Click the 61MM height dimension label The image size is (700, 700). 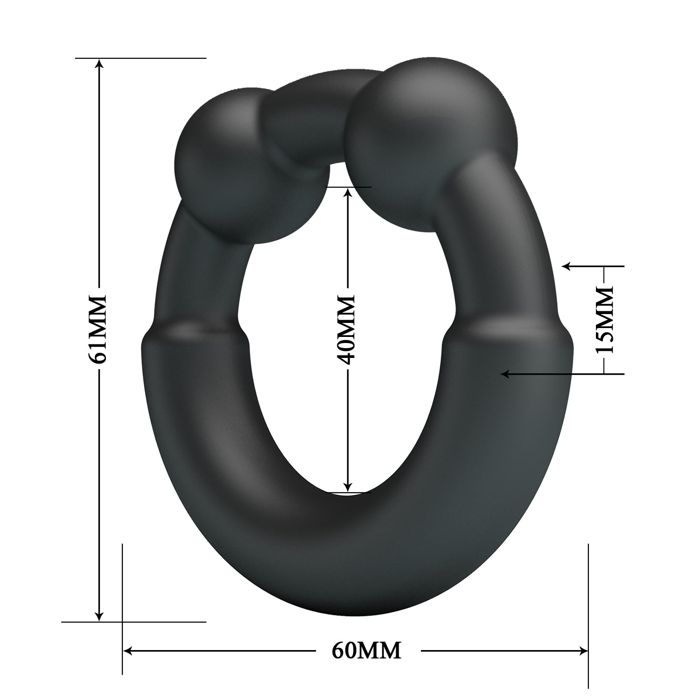tap(99, 329)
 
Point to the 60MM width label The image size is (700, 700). tap(367, 650)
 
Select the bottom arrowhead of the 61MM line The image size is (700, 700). tap(99, 616)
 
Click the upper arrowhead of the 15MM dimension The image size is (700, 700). tap(567, 266)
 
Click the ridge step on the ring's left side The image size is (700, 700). tap(196, 329)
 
